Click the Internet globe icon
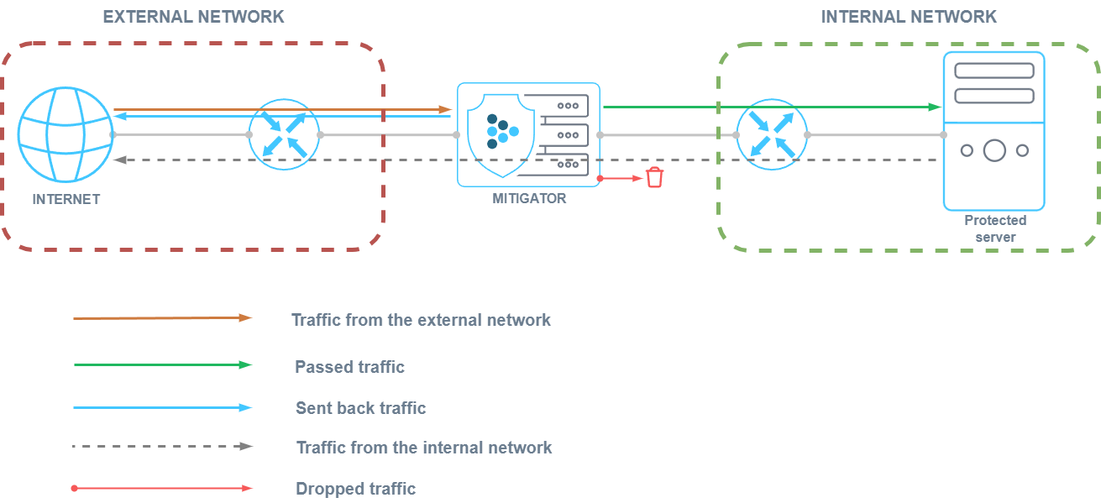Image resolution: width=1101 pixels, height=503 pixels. coord(65,134)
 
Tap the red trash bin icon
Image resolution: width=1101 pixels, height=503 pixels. coord(654,177)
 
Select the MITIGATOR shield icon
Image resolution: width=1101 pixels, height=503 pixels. coord(502,134)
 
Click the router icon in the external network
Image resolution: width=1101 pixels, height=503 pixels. coord(284,134)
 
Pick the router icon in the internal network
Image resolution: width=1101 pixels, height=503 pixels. coord(771,134)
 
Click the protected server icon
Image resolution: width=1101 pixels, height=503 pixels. coord(994,130)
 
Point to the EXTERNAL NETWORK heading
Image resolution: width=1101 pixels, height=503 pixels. coord(193,17)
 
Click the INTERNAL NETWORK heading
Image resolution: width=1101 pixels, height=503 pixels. coord(908,17)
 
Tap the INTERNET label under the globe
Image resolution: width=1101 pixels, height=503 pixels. coord(66,199)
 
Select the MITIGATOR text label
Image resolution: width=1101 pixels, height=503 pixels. coord(529,199)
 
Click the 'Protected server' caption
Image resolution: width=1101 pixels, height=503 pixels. coord(995,228)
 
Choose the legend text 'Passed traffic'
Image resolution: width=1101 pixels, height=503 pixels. coord(349,367)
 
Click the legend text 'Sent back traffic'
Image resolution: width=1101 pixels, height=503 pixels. coord(361,408)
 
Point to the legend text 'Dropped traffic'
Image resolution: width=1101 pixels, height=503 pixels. coord(356,489)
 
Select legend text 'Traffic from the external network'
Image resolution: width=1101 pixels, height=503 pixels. coord(421,320)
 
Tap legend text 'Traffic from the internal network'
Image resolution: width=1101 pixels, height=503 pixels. coord(424,448)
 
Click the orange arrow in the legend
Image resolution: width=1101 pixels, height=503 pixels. coord(162,318)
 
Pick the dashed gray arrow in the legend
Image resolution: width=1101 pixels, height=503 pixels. coord(162,446)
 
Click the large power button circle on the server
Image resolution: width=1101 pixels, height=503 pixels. coord(994,150)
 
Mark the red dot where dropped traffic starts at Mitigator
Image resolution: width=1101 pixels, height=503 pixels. coord(600,178)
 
